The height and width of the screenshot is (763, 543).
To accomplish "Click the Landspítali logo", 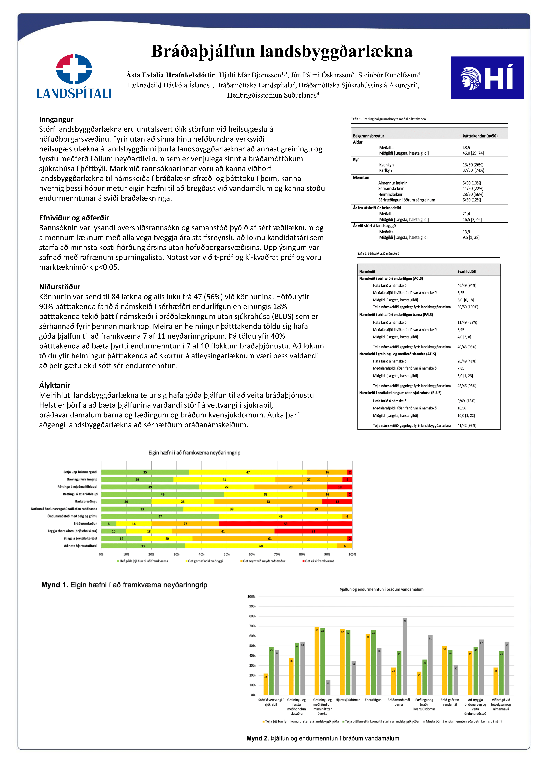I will [x=74, y=76].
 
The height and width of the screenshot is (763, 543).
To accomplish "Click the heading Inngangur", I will [x=56, y=119].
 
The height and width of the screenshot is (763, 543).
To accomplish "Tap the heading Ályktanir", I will [x=55, y=385].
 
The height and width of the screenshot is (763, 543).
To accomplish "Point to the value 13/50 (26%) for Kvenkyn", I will [x=473, y=165].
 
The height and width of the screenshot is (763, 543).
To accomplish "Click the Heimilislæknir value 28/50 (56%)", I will [x=473, y=194].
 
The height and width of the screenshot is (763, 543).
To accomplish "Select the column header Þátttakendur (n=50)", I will [x=480, y=136].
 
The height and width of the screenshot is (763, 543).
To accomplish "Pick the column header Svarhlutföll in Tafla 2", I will [x=466, y=272].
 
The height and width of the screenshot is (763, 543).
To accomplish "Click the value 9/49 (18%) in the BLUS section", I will [x=466, y=401].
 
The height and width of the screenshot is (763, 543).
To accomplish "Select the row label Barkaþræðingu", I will [x=86, y=501].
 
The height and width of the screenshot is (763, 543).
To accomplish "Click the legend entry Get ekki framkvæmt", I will [x=319, y=561].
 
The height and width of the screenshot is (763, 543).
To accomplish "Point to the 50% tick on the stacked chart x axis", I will [x=227, y=554].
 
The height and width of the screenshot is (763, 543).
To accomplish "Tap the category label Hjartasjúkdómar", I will [x=348, y=700].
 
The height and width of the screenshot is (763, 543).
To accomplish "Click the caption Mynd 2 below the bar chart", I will [x=323, y=738].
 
